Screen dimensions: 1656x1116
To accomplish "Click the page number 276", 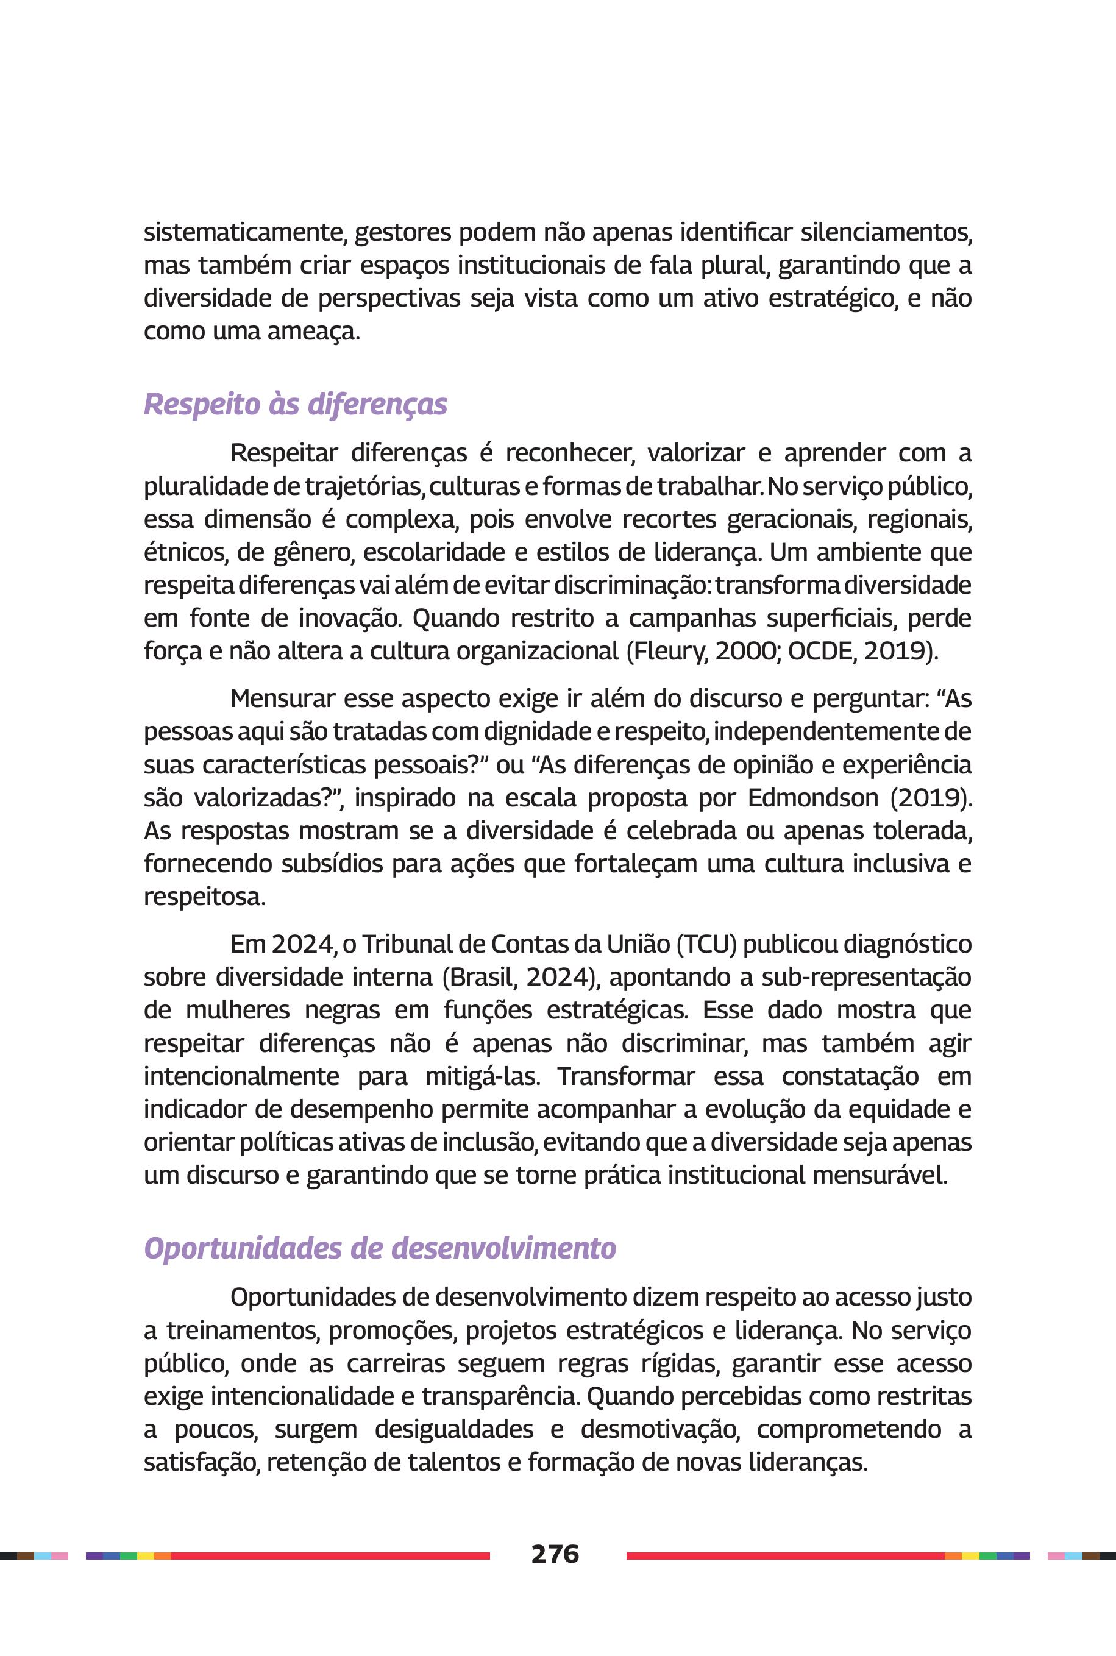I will click(555, 1554).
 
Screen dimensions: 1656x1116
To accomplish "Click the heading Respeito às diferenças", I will click(296, 404).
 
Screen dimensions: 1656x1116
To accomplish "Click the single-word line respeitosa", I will click(204, 897).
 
